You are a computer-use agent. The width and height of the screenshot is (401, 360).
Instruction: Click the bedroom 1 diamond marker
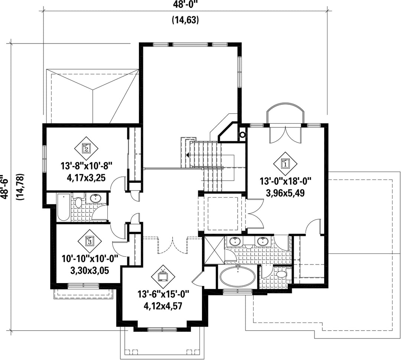[x=285, y=163]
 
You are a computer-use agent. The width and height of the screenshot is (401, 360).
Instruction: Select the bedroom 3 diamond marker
[x=89, y=241]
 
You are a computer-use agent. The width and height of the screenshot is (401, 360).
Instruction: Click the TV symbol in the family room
[x=163, y=276]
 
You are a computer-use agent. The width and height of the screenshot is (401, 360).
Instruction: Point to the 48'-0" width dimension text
[x=185, y=4]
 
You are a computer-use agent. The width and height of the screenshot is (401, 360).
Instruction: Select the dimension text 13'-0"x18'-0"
[x=285, y=182]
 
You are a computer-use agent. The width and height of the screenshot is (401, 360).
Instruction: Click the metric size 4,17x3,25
[x=86, y=178]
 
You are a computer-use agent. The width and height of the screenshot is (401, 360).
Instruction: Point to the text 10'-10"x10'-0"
[x=89, y=259]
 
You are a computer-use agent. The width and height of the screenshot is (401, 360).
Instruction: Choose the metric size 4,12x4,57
[x=163, y=306]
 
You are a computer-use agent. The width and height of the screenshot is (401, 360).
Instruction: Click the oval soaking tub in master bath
[x=238, y=278]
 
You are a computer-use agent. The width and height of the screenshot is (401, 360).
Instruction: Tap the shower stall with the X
[x=214, y=250]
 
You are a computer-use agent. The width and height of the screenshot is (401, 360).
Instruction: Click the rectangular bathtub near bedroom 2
[x=63, y=208]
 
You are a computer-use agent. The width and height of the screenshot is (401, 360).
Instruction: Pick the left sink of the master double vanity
[x=234, y=241]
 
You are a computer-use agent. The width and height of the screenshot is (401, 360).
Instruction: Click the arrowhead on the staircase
[x=188, y=155]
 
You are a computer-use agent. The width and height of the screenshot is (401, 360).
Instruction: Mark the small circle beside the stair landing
[x=242, y=134]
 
